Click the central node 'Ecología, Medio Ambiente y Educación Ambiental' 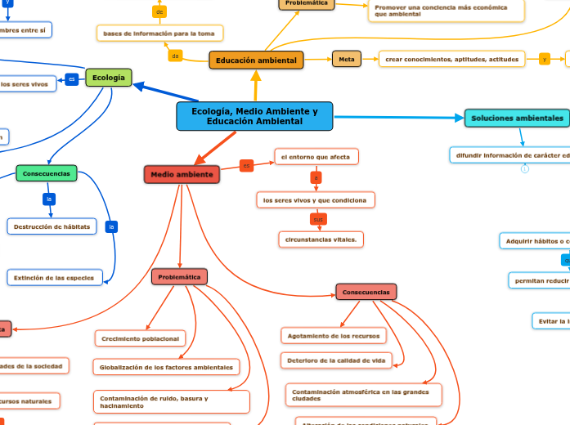254,116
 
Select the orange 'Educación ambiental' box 256,60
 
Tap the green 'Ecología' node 108,78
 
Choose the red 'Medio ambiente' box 182,174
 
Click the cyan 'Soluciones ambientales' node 517,118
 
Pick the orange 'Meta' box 347,59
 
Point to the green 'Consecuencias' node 47,173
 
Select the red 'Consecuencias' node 366,292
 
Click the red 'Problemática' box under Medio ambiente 179,277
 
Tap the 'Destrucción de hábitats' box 52,226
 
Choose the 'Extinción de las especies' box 54,278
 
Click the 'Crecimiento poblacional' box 141,338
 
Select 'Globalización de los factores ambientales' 166,367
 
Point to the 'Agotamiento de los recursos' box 333,335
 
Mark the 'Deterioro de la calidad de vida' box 336,360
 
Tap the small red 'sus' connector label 318,219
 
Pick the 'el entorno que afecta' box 316,156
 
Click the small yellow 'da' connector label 175,56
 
